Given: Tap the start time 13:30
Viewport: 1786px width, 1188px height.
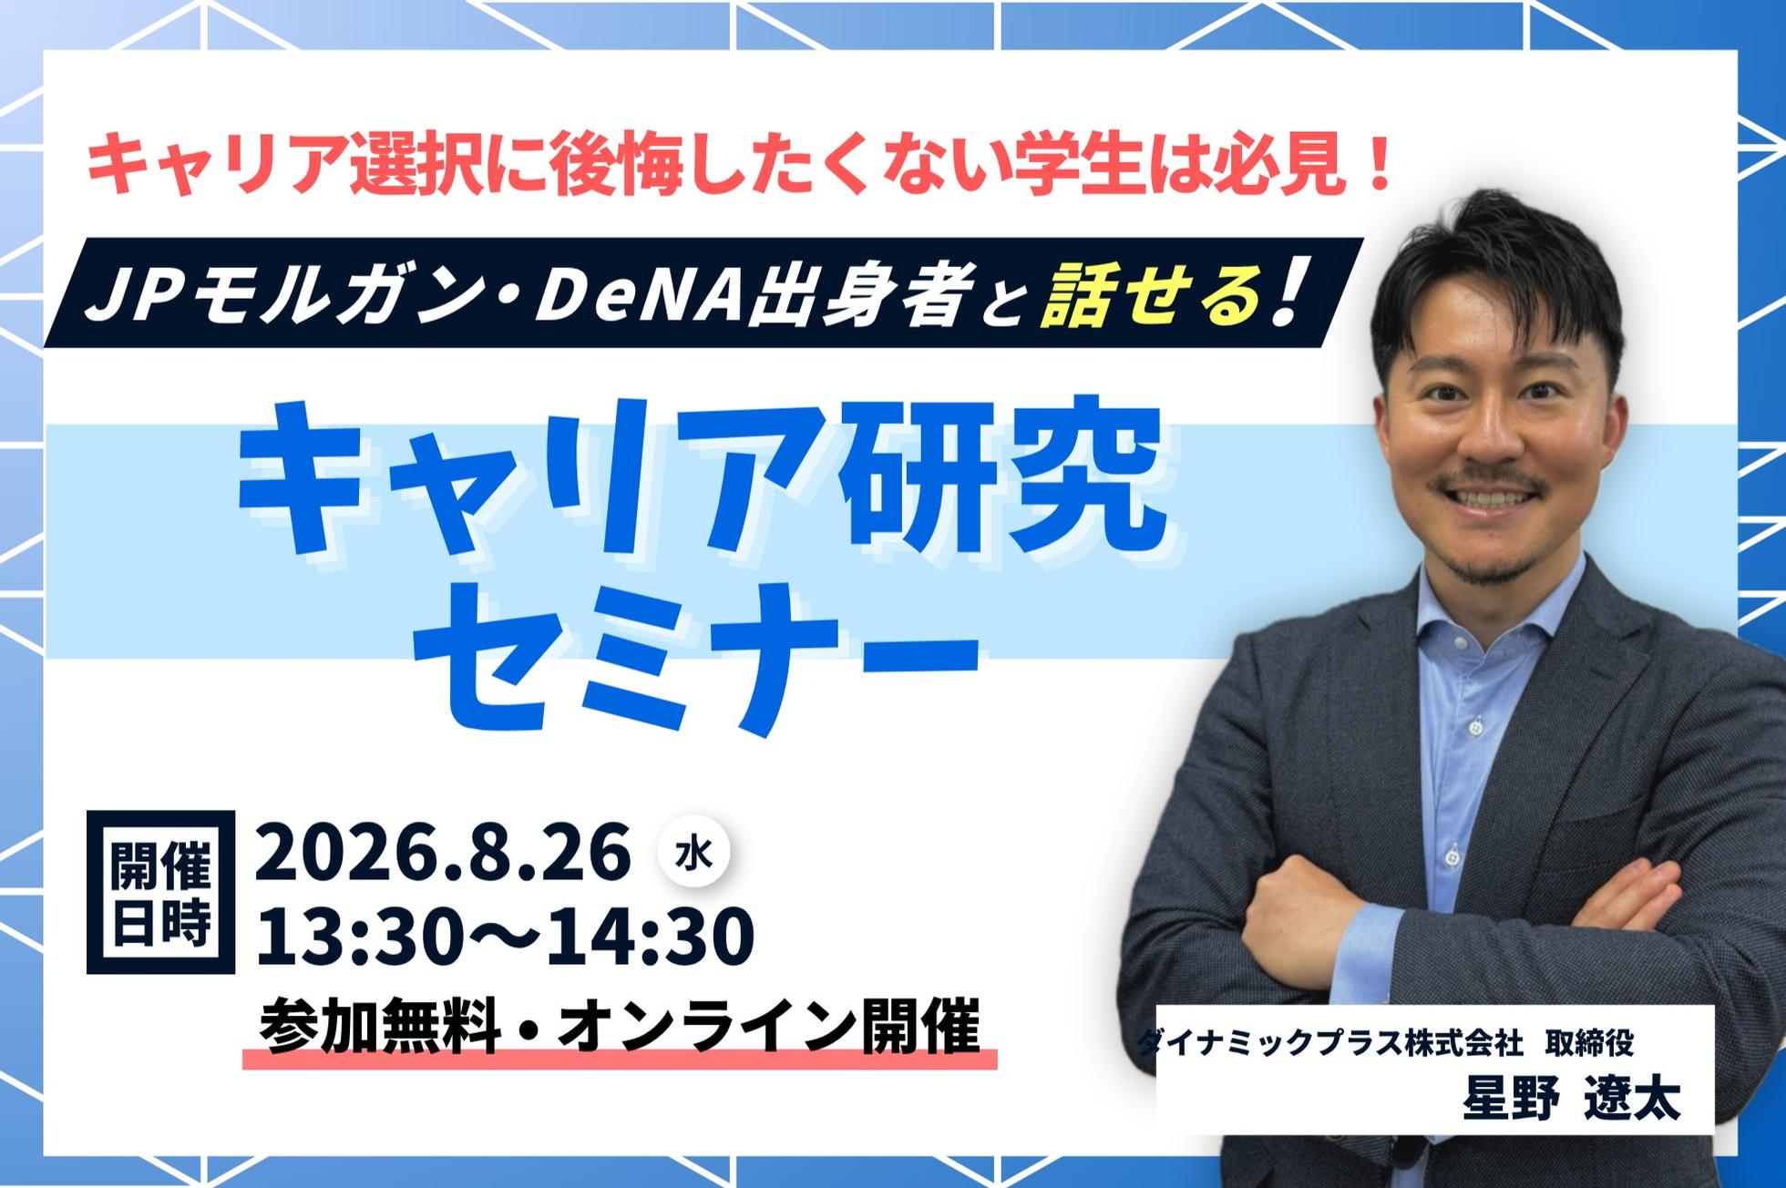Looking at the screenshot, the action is click(354, 937).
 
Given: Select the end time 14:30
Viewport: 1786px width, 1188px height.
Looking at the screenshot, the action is click(655, 937).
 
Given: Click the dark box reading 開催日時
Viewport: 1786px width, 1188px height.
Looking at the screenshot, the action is click(160, 892).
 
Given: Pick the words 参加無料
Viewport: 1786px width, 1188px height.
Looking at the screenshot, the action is click(381, 1028).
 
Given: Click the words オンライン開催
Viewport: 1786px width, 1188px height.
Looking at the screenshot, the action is click(768, 1028).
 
